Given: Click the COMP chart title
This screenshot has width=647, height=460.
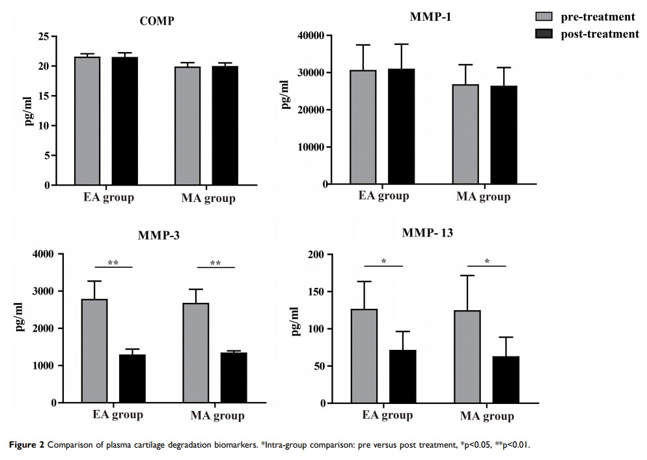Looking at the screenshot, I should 157,21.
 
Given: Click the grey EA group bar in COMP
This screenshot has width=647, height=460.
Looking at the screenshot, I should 87,121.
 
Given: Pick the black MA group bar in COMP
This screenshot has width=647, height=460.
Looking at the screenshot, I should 226,125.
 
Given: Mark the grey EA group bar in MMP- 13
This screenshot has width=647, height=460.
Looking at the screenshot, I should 364,356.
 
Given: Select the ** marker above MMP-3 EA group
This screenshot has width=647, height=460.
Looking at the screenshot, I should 113,263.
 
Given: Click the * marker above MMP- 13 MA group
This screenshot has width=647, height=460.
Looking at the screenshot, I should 487,261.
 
